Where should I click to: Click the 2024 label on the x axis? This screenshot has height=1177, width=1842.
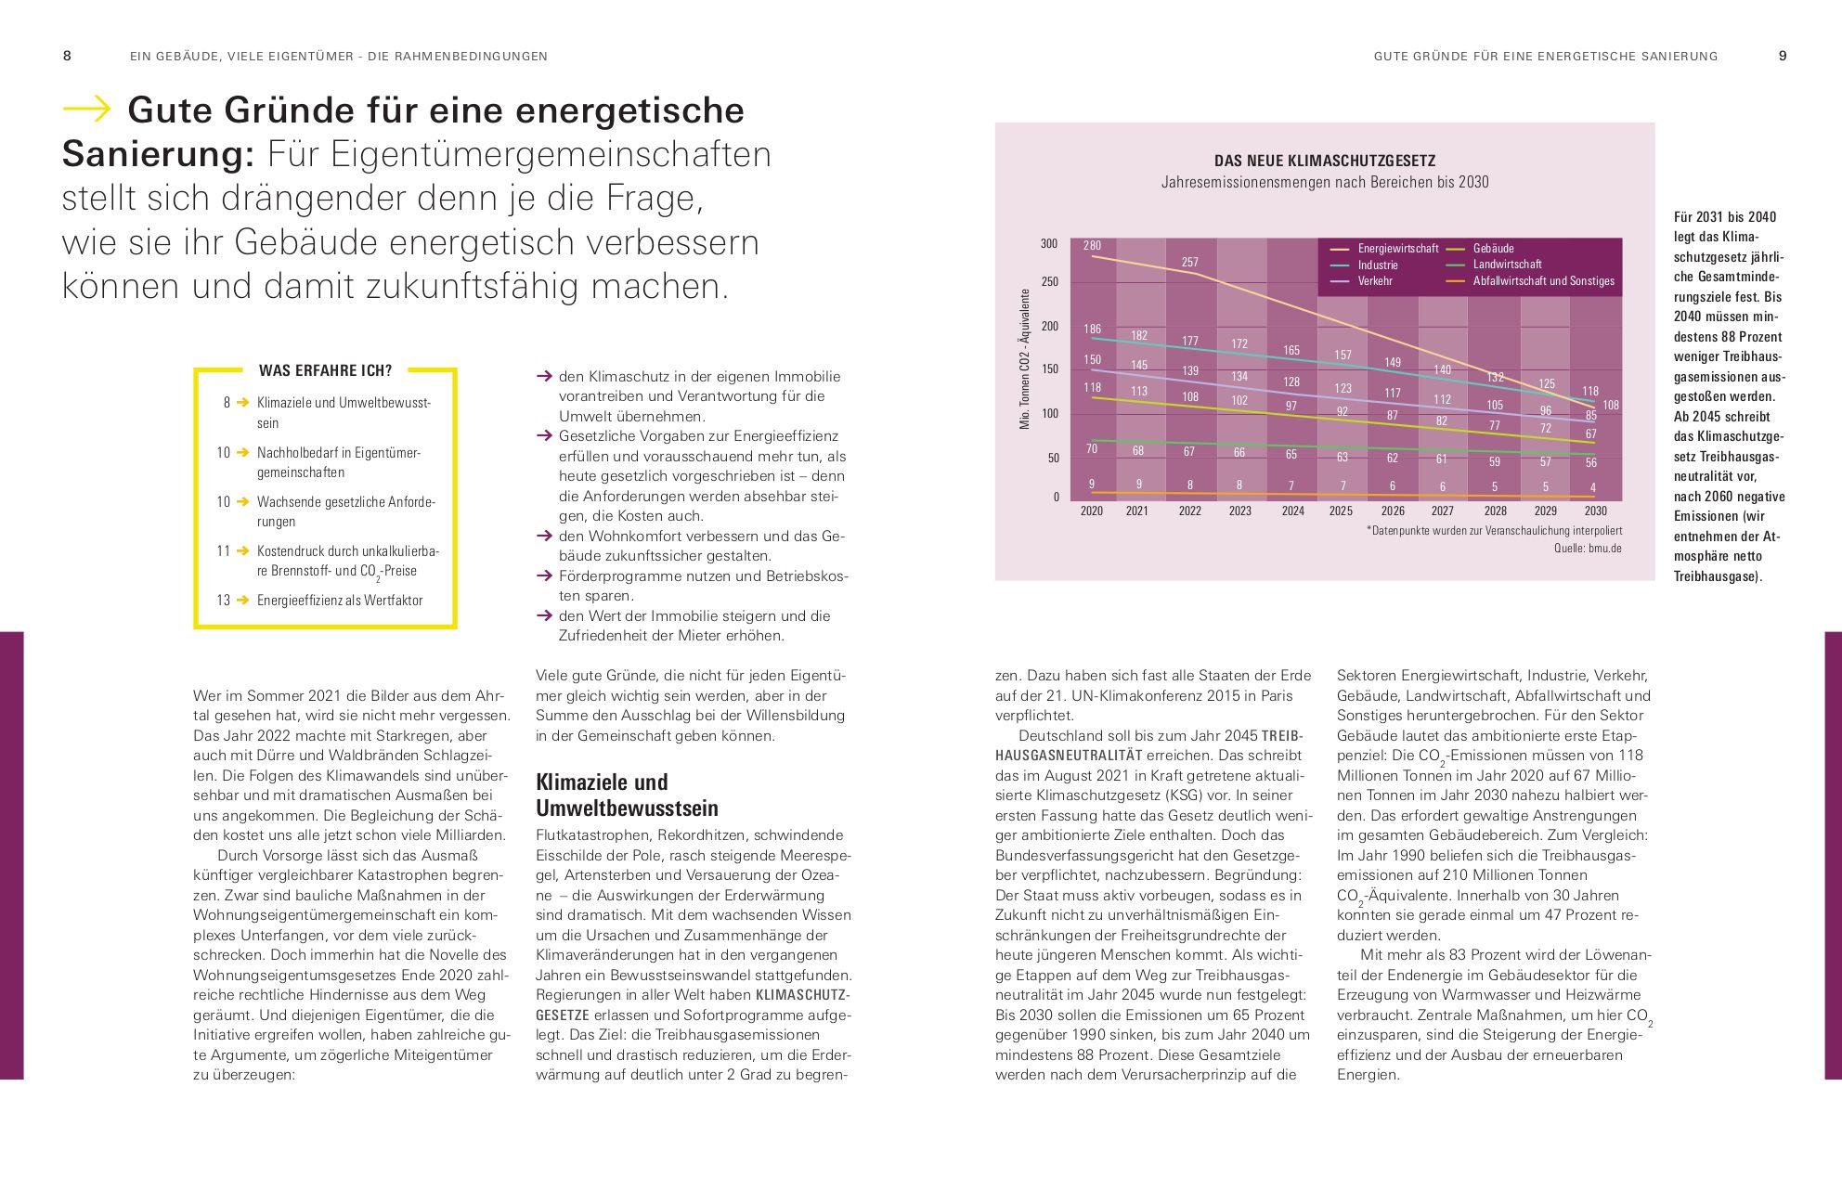click(x=1292, y=511)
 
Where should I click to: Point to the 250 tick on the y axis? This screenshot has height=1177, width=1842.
click(x=1049, y=282)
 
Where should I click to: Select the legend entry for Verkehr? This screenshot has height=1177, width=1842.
click(x=1375, y=280)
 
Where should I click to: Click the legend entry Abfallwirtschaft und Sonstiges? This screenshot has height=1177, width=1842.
click(x=1543, y=280)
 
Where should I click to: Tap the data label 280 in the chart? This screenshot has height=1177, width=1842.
click(x=1092, y=246)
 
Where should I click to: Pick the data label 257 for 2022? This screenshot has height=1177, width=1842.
click(x=1189, y=263)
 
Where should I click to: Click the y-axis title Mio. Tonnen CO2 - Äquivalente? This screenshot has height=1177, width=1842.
click(x=1026, y=359)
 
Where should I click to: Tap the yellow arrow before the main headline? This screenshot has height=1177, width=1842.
click(x=86, y=110)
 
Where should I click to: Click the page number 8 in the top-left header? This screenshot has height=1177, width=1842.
click(x=67, y=56)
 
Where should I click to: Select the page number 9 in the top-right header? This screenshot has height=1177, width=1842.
click(x=1783, y=56)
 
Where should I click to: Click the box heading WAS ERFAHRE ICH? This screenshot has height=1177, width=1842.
click(x=325, y=370)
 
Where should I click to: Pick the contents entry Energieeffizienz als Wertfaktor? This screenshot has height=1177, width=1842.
click(x=340, y=601)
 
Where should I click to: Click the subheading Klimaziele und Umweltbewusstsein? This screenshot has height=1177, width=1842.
click(x=627, y=795)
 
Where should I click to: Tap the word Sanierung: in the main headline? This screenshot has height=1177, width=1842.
click(x=158, y=154)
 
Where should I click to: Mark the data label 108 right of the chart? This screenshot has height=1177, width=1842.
click(x=1611, y=406)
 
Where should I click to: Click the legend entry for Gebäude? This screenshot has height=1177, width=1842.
click(x=1493, y=249)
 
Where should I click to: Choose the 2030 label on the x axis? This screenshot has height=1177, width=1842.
click(x=1595, y=511)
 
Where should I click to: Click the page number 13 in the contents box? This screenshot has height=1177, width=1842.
click(x=223, y=601)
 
